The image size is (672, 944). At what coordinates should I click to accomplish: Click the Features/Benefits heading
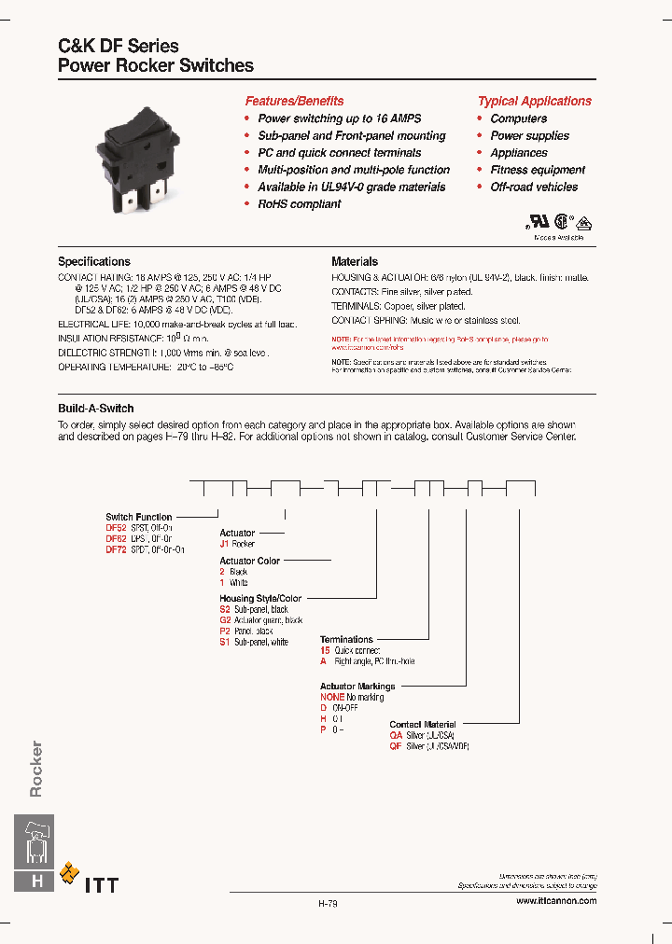pos(294,101)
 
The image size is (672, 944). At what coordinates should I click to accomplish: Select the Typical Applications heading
pos(535,101)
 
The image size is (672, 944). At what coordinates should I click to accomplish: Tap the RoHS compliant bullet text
pos(299,203)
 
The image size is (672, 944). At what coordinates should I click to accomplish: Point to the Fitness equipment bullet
pos(538,170)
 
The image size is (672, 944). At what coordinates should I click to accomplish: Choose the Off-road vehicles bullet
pos(534,187)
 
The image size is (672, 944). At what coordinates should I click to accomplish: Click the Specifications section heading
pos(94,262)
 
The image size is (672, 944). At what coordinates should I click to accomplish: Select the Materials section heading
pos(355,262)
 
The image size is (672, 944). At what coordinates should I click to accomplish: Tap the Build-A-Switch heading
pos(96,409)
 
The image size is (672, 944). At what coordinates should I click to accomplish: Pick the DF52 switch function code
pos(116,528)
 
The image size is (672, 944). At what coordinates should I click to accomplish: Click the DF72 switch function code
pos(116,550)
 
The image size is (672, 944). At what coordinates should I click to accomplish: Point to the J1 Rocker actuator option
pos(237,544)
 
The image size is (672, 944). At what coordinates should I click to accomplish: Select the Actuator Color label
pos(249,562)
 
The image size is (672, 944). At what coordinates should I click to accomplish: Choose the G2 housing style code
pos(225,620)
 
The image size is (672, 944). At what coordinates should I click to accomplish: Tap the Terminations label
pos(346,640)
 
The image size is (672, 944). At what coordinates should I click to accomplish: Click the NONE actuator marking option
pos(332,697)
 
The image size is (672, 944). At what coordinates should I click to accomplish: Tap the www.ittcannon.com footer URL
pos(555,900)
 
